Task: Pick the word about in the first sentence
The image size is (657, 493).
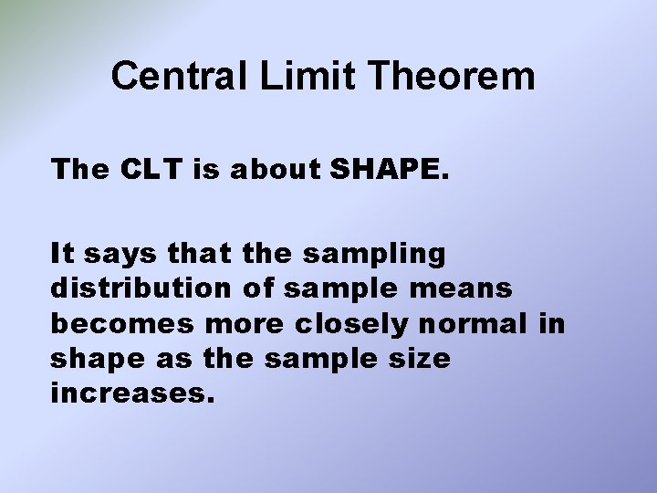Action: (278, 170)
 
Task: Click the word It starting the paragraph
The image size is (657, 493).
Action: (63, 252)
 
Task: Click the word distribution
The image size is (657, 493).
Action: (141, 288)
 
